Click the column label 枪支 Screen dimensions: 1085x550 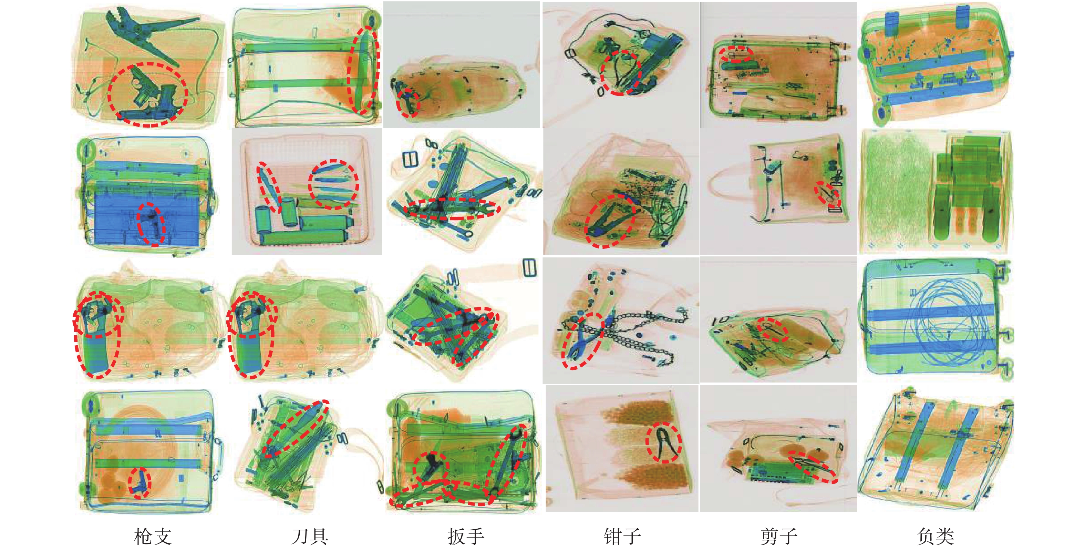(153, 536)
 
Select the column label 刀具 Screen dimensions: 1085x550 (310, 536)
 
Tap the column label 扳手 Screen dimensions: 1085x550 (466, 536)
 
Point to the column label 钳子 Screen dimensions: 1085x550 (622, 536)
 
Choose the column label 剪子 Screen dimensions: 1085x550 (779, 536)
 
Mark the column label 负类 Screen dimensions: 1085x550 (936, 536)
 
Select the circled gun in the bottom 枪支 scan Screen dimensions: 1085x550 (140, 482)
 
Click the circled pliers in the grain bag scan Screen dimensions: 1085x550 (664, 442)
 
